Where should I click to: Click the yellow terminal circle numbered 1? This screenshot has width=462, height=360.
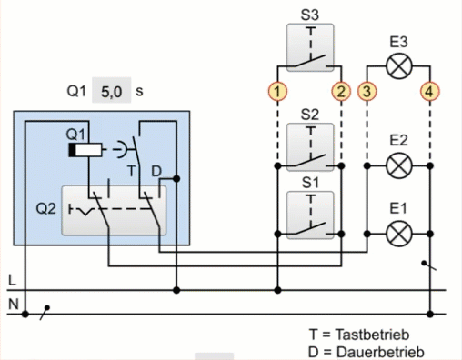click(x=277, y=91)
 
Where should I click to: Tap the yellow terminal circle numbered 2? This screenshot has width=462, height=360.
click(x=341, y=91)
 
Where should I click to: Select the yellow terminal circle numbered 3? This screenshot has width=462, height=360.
click(x=367, y=91)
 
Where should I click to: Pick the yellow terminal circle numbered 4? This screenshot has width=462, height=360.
click(x=429, y=91)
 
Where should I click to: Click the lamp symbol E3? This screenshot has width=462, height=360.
click(x=399, y=66)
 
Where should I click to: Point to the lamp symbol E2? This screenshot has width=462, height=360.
click(x=399, y=165)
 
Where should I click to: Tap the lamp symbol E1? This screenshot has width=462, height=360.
click(x=399, y=234)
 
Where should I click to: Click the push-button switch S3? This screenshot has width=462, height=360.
click(x=310, y=48)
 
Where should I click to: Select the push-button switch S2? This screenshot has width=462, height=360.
click(x=310, y=147)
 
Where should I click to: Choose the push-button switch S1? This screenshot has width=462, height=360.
click(x=310, y=215)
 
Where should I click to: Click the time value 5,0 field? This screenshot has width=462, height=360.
click(x=112, y=90)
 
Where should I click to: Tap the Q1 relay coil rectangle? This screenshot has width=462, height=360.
click(x=85, y=150)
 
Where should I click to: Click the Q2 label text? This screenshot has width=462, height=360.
click(x=45, y=209)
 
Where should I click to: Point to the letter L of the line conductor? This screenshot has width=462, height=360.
click(x=12, y=280)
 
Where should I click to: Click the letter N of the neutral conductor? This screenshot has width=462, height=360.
click(x=13, y=304)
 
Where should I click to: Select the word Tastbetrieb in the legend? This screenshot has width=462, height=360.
click(x=372, y=335)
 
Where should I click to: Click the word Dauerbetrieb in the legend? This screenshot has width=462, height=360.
click(x=380, y=352)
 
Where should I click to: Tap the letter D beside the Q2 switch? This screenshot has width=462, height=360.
click(x=156, y=172)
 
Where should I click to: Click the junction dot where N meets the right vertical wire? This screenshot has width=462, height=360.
click(x=429, y=315)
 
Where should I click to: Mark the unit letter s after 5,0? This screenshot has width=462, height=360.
click(x=139, y=91)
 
